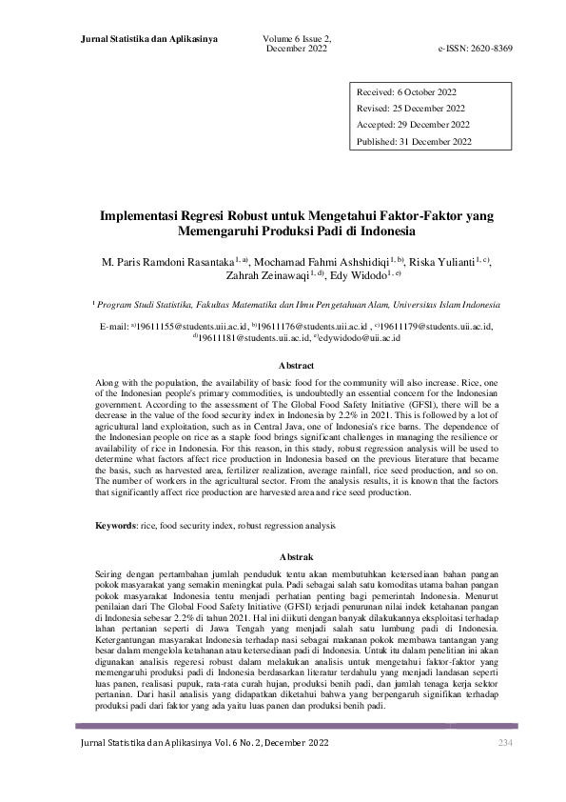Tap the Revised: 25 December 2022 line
pos(411,109)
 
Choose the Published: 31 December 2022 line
pos(414,142)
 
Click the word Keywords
pos(118,526)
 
